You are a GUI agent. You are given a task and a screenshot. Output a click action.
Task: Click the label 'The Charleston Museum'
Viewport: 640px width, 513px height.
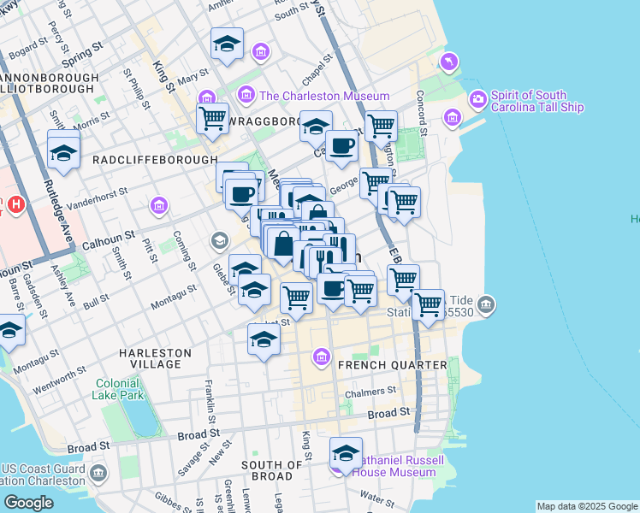coord(324,96)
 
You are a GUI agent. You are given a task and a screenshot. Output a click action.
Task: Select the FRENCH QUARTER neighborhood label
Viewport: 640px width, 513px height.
coord(392,365)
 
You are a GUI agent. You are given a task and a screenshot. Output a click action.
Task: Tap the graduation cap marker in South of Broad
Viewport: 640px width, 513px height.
coord(346,453)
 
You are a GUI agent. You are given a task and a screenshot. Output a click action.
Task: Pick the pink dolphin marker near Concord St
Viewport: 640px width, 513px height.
coord(447,62)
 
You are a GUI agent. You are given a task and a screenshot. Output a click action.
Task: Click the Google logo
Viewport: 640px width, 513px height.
coord(28,503)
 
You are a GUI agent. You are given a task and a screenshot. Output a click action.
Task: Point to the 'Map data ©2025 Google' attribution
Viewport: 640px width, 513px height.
coord(587,506)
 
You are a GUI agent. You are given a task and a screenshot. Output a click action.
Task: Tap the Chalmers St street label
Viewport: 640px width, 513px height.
coord(370,394)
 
